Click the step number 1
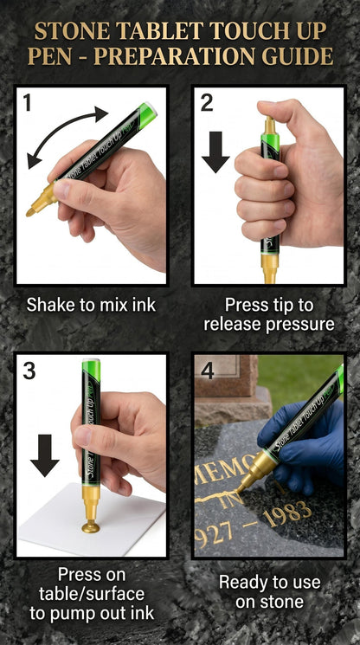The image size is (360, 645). (x=27, y=102)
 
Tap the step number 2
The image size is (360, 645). (x=207, y=102)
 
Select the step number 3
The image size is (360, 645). (x=29, y=371)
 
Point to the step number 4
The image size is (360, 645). (x=208, y=371)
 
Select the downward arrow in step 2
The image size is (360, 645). (x=215, y=152)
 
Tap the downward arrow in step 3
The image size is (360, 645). (x=44, y=455)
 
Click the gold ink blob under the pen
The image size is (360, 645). (x=91, y=527)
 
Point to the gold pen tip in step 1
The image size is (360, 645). (x=30, y=212)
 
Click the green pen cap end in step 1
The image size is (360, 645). (x=147, y=114)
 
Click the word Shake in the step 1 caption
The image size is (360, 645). (x=50, y=306)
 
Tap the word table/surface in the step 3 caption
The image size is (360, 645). (x=92, y=594)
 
